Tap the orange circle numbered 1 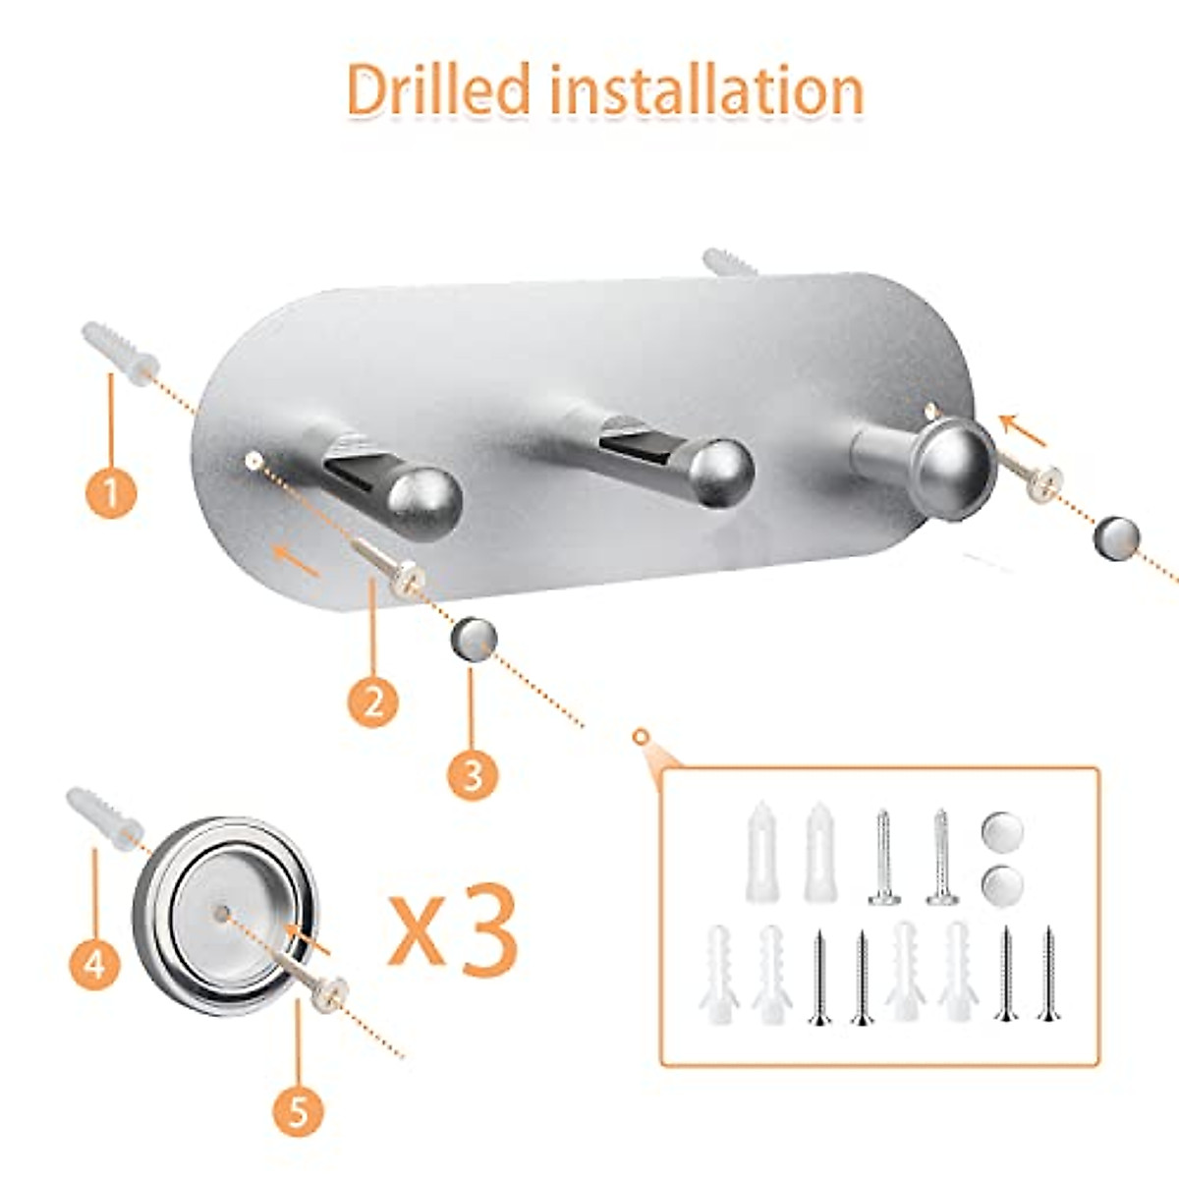pos(111,492)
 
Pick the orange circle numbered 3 pos(473,774)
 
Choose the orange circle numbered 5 pos(299,1113)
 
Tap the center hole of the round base pos(221,913)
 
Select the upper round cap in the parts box pos(1001,833)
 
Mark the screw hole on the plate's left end pos(253,459)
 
